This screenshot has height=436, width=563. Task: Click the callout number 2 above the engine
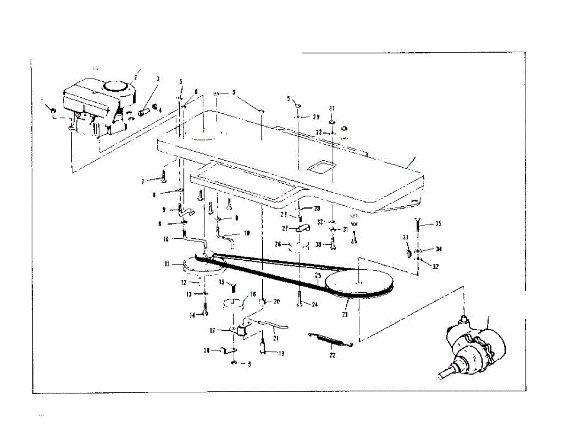click(136, 77)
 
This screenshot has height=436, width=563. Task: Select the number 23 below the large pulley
click(345, 314)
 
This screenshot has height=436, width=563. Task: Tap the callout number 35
click(438, 224)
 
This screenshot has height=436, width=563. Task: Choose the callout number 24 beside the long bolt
click(314, 305)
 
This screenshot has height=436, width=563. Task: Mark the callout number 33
click(406, 237)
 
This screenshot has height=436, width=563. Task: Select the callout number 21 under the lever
click(275, 337)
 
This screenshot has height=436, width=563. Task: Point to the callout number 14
click(192, 315)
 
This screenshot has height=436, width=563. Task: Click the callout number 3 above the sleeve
click(158, 78)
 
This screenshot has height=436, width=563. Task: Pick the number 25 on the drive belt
click(318, 274)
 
